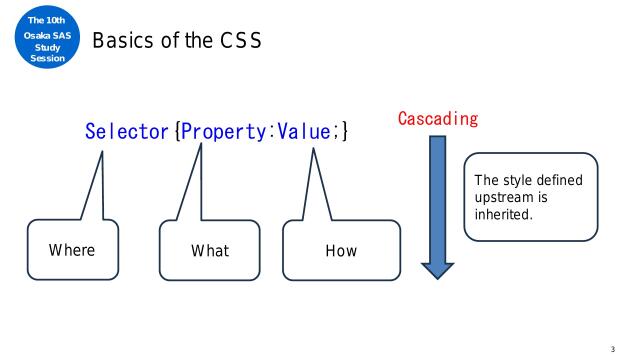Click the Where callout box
72,249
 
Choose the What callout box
209,250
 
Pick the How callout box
341,250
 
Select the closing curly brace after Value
343,130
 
